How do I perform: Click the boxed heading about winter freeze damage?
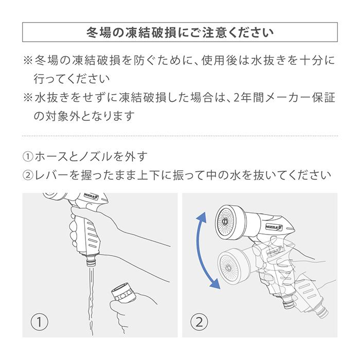coord(180,32)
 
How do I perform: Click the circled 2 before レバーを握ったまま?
coord(28,175)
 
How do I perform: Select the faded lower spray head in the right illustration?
coord(231,265)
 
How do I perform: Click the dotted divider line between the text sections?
coord(180,135)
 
